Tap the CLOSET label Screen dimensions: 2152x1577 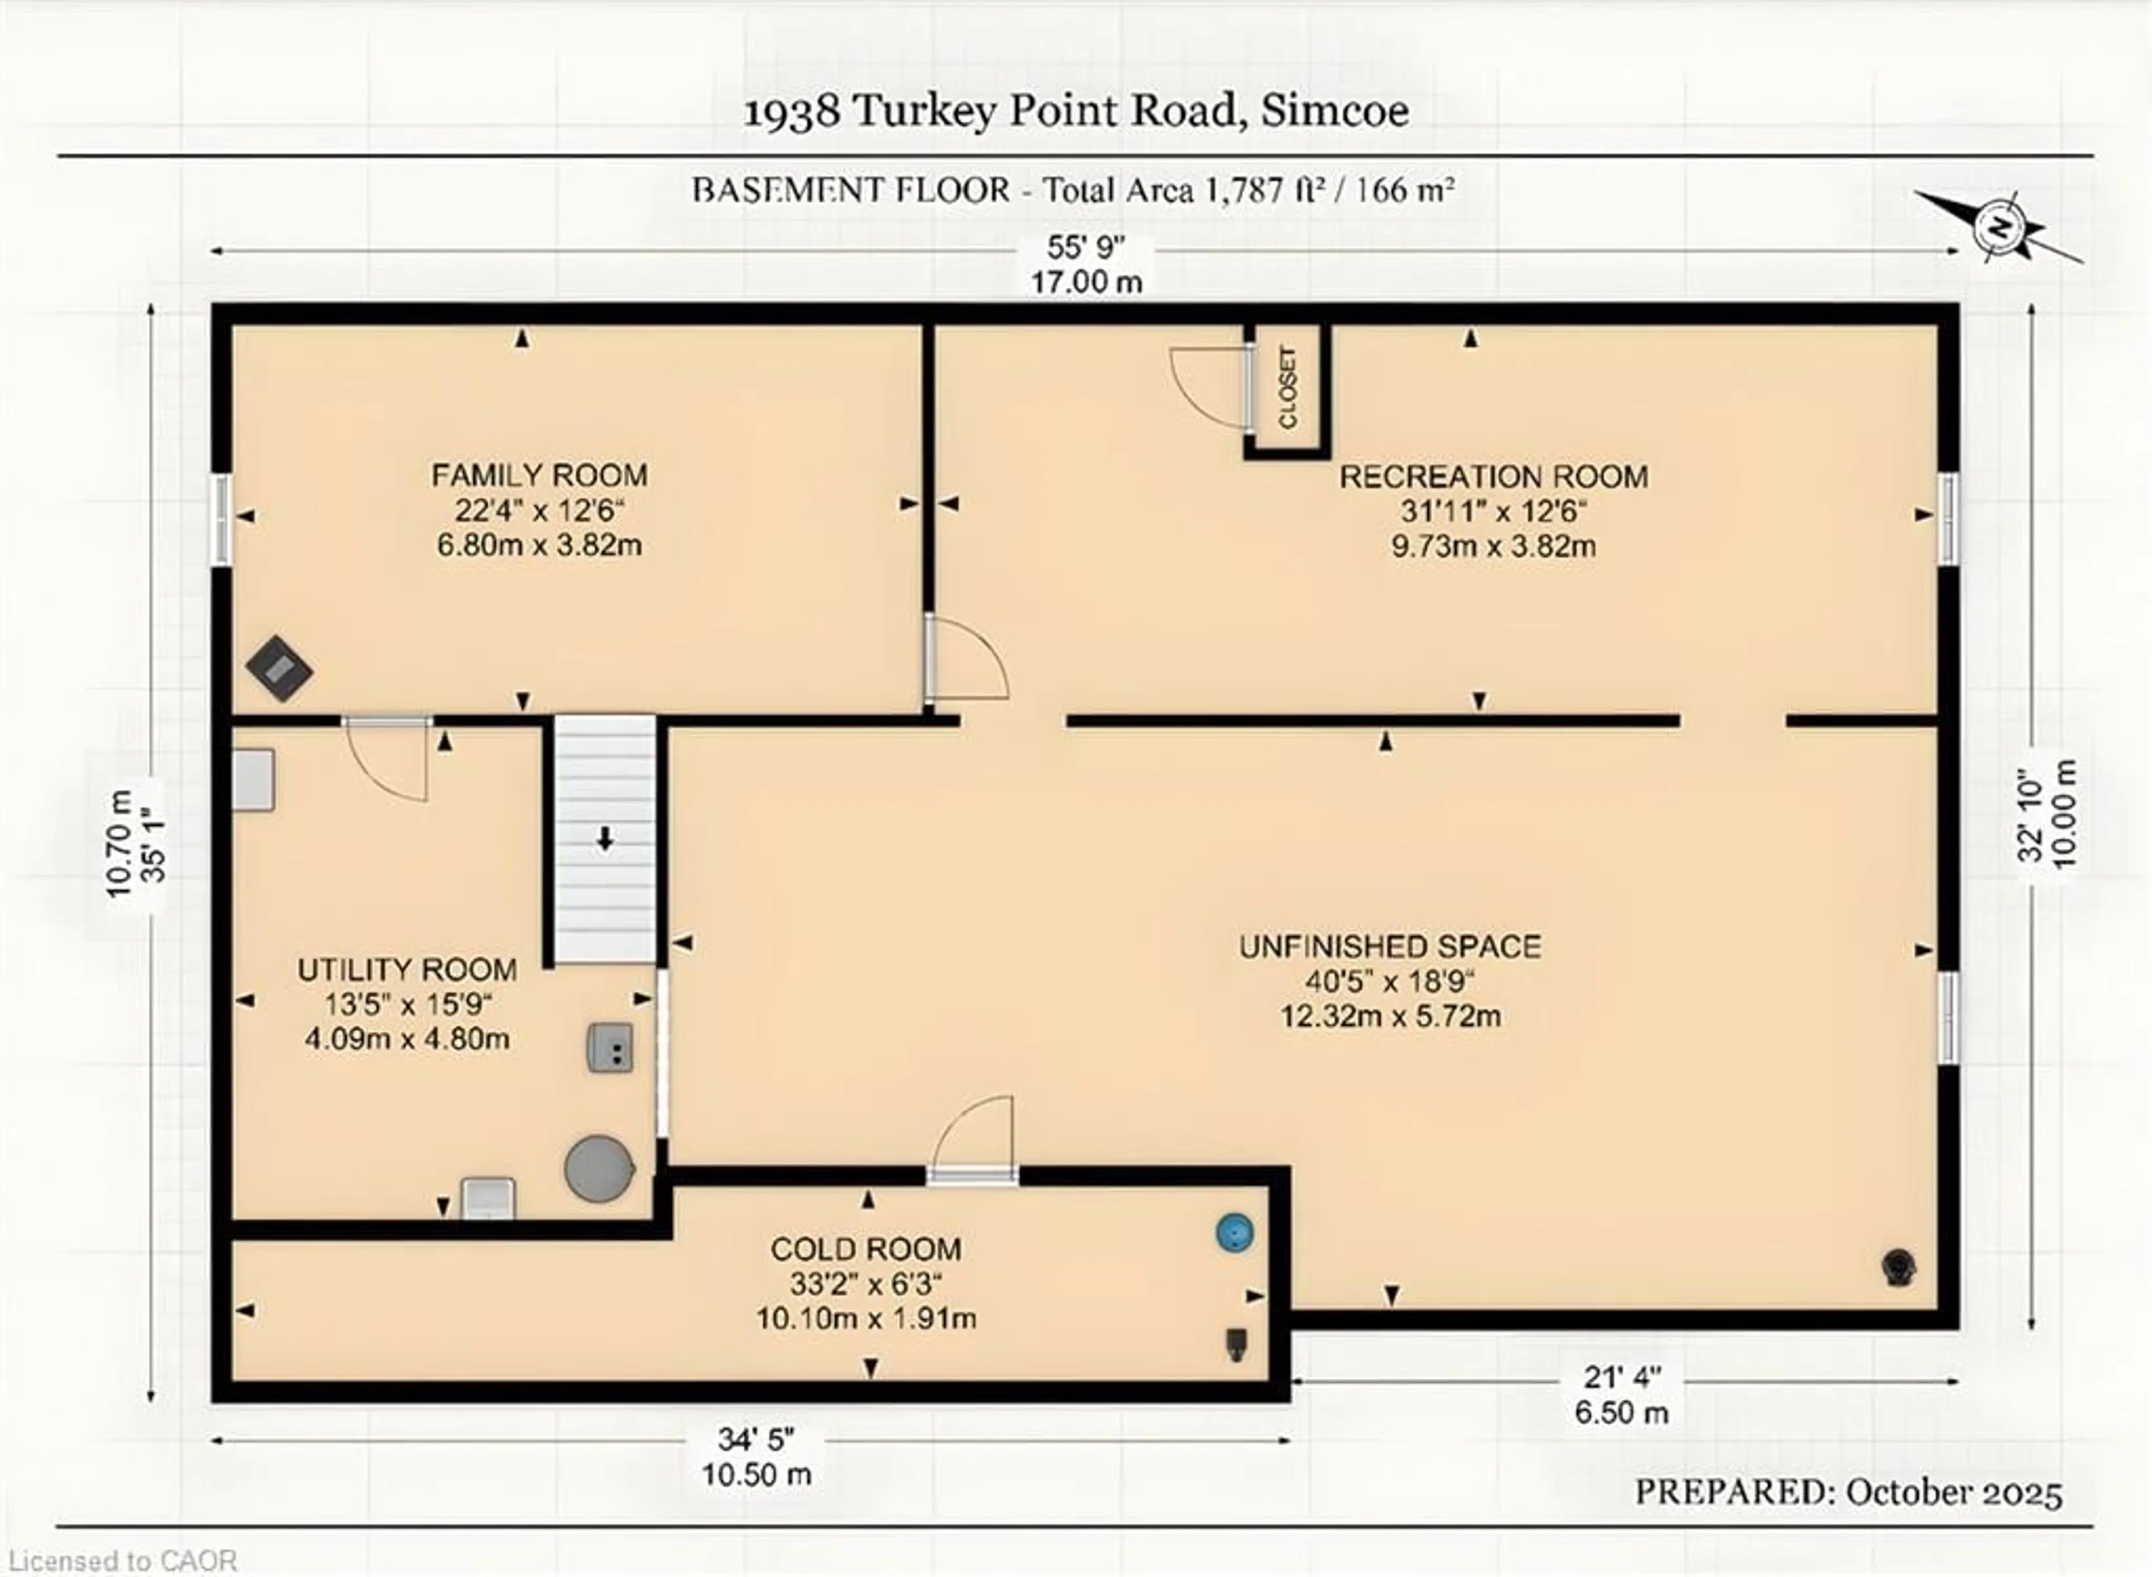[1287, 387]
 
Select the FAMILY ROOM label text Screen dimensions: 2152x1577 [539, 474]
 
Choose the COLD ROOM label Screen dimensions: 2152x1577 [866, 1248]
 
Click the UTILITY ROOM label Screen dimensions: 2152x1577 [407, 970]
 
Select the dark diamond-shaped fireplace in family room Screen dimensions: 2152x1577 [279, 668]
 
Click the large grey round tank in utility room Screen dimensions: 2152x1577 [599, 1168]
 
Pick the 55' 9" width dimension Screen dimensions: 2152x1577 [1086, 247]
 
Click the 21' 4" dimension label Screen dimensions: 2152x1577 [1622, 1377]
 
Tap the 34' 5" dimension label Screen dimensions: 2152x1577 [757, 1439]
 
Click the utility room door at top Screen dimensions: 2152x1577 [386, 759]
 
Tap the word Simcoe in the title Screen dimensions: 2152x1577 [1335, 111]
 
